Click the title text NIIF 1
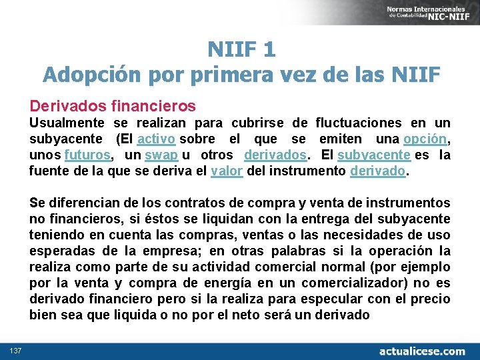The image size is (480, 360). coord(241,49)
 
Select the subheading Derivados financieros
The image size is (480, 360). coord(113,105)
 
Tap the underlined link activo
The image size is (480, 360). coord(156,139)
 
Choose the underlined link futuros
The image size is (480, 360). coord(87,155)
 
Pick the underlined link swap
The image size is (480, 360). coord(161,155)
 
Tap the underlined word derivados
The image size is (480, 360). coord(275,155)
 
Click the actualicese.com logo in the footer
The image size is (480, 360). coord(421,351)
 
